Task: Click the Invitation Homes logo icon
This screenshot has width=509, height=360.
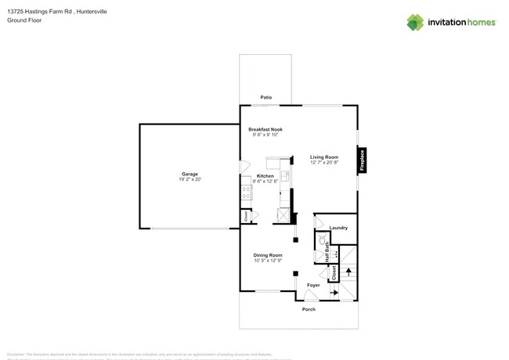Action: click(x=415, y=22)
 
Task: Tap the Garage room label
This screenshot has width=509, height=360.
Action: click(x=190, y=174)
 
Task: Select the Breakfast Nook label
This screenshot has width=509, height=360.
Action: click(x=265, y=129)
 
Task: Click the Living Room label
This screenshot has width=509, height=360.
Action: click(x=323, y=157)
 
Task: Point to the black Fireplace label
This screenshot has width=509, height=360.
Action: click(x=362, y=160)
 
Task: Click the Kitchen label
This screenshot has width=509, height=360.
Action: click(x=265, y=176)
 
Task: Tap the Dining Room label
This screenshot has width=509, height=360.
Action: click(x=267, y=255)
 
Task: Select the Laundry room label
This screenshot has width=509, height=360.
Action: click(x=338, y=228)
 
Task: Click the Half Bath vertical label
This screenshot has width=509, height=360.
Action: click(x=327, y=255)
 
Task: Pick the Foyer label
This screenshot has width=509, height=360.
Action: click(x=313, y=285)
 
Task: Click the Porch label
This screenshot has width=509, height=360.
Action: click(x=309, y=309)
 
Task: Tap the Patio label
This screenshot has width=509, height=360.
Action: click(x=266, y=97)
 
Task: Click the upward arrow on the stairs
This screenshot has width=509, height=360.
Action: click(x=348, y=273)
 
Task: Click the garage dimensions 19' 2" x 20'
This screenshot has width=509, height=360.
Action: click(x=190, y=180)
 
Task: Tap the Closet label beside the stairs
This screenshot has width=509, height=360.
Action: click(x=334, y=272)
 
